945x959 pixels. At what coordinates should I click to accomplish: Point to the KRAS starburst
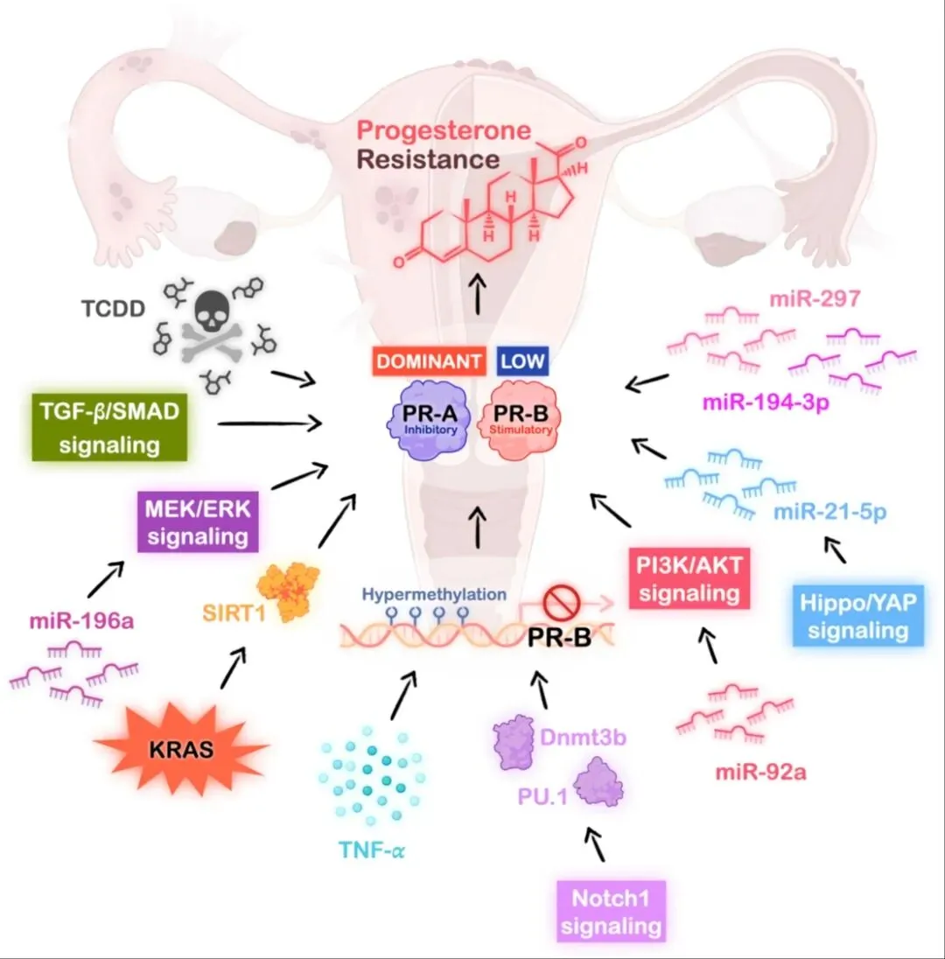(x=181, y=749)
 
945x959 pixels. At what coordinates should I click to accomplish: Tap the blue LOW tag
(x=522, y=360)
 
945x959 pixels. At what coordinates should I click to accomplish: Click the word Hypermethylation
(x=434, y=594)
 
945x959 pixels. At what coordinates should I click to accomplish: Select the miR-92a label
(x=755, y=773)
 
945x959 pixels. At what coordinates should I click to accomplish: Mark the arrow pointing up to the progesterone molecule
(x=478, y=295)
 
